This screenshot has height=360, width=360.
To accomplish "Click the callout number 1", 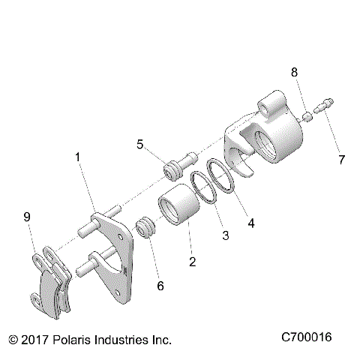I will (x=77, y=157).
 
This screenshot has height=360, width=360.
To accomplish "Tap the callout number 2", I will (x=193, y=262).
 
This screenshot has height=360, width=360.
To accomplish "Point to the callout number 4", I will (x=251, y=223).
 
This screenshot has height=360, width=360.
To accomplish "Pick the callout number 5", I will (x=139, y=144).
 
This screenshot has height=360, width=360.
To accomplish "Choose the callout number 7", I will (x=342, y=159).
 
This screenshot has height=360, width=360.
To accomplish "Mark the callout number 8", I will (x=294, y=72).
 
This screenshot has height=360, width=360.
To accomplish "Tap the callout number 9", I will (x=27, y=217).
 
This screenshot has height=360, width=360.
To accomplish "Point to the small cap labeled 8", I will (x=306, y=116).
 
